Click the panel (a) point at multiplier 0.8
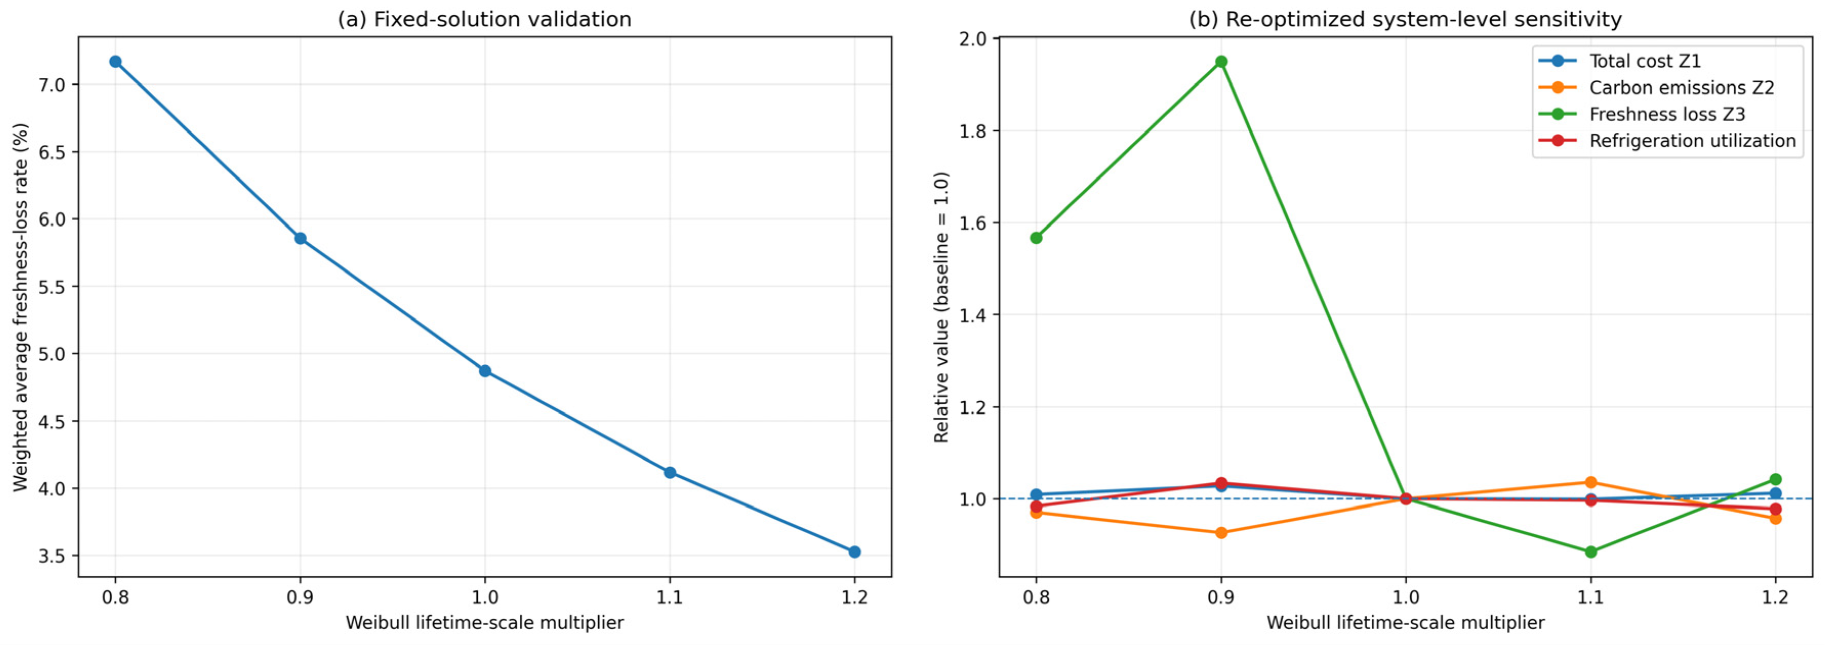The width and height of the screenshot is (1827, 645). click(x=116, y=62)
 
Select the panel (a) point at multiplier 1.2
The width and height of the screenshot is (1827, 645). click(x=855, y=552)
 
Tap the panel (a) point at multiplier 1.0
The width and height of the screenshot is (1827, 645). click(x=485, y=371)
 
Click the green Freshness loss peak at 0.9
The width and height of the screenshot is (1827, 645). click(x=1221, y=62)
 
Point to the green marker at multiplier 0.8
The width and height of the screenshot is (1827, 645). click(x=1036, y=238)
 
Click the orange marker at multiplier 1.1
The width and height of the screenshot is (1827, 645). click(x=1591, y=482)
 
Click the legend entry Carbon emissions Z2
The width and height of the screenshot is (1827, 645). click(x=1657, y=87)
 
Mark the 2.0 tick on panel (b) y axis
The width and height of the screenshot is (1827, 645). click(x=973, y=38)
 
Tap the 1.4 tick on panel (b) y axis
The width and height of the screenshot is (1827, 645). click(x=973, y=315)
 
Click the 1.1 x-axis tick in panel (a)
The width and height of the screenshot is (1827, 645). click(x=669, y=597)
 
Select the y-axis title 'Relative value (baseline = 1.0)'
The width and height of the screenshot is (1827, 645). click(x=941, y=307)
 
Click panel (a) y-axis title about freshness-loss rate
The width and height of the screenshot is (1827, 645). click(x=20, y=307)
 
